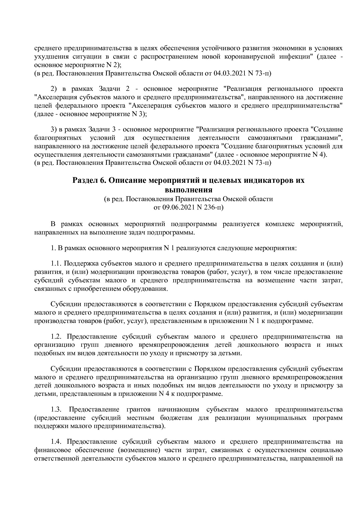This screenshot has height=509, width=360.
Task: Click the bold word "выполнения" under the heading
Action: click(188, 190)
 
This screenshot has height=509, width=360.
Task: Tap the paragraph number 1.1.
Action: click(56, 264)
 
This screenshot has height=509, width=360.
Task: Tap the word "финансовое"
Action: click(51, 450)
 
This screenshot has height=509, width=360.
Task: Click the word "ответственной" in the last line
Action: click(56, 458)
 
